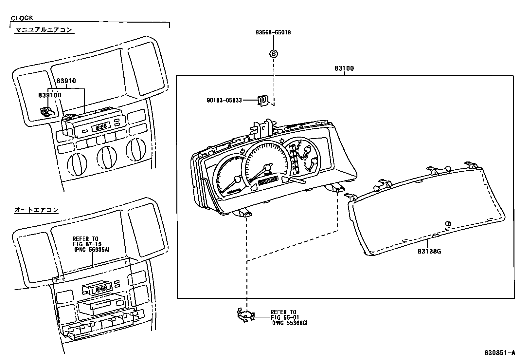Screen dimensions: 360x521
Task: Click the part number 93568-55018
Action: (x=273, y=32)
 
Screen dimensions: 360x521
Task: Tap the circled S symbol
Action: (x=273, y=53)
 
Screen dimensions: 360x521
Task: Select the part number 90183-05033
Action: (x=224, y=100)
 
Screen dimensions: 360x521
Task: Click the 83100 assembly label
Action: (x=344, y=69)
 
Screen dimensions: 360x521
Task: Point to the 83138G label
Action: (x=429, y=252)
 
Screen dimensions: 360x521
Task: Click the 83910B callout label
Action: (x=50, y=95)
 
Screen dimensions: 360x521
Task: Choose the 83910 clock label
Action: (x=66, y=81)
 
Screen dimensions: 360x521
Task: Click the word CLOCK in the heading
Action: (x=22, y=18)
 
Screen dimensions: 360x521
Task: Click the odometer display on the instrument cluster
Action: (x=268, y=181)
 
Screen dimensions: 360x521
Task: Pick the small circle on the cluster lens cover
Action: (x=448, y=223)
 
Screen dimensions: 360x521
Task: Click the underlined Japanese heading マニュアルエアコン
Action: (x=44, y=30)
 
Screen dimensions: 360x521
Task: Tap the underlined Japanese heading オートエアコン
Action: (x=36, y=210)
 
